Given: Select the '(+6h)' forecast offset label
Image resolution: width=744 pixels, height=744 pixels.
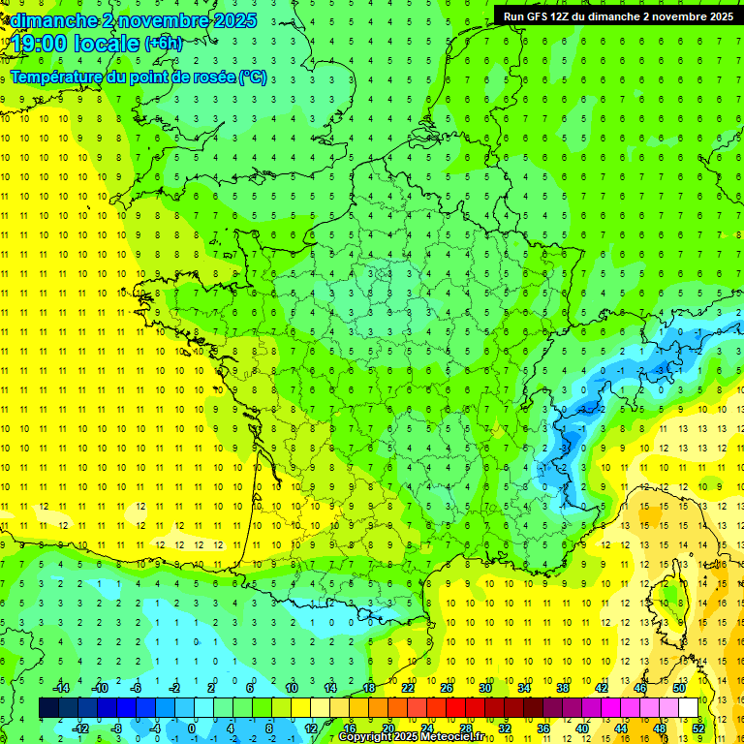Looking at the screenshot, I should pyautogui.click(x=163, y=43).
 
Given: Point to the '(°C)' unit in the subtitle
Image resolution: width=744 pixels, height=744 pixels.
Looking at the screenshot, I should pyautogui.click(x=253, y=77).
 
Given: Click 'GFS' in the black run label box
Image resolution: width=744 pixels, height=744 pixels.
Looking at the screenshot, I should pyautogui.click(x=542, y=15).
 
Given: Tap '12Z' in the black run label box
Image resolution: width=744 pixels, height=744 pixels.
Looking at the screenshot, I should pyautogui.click(x=573, y=15).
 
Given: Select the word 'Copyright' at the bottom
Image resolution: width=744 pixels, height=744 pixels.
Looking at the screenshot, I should pyautogui.click(x=366, y=737).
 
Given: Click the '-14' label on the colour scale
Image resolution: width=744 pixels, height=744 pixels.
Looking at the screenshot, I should pyautogui.click(x=60, y=688).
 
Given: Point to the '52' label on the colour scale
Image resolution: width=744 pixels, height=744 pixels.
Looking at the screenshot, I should pyautogui.click(x=697, y=728).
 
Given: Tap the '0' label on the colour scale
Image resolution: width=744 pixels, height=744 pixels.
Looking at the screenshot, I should pyautogui.click(x=191, y=728).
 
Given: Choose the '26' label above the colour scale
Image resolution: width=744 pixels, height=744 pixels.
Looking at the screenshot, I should pyautogui.click(x=447, y=688).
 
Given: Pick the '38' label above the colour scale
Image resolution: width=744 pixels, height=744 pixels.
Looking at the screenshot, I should pyautogui.click(x=563, y=688).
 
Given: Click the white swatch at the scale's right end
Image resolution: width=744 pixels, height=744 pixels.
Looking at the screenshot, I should pyautogui.click(x=689, y=708).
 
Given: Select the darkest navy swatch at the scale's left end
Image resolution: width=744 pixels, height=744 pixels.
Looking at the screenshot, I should pyautogui.click(x=49, y=708).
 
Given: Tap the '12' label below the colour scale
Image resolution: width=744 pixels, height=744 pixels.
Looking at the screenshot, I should pyautogui.click(x=311, y=728).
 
